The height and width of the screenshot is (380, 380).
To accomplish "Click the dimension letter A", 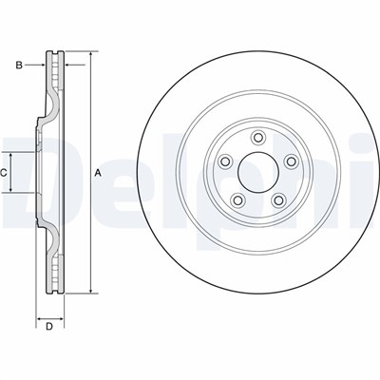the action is point(98,173).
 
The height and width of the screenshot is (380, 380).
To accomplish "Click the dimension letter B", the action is point(19,66).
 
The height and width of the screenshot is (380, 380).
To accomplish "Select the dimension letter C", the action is point(3,173).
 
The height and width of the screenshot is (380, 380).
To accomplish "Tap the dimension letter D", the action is point(49,327).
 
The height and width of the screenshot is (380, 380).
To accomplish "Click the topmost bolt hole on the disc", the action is point(258,138).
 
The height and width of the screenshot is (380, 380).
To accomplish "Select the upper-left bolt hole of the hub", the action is point(225,161).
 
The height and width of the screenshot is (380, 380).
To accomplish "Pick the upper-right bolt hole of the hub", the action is point(291,161).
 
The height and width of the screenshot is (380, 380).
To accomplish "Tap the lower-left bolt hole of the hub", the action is point(237,200).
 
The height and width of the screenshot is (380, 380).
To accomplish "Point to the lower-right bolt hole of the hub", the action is point(278,200).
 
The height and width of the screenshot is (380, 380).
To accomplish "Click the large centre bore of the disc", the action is point(258,172).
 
